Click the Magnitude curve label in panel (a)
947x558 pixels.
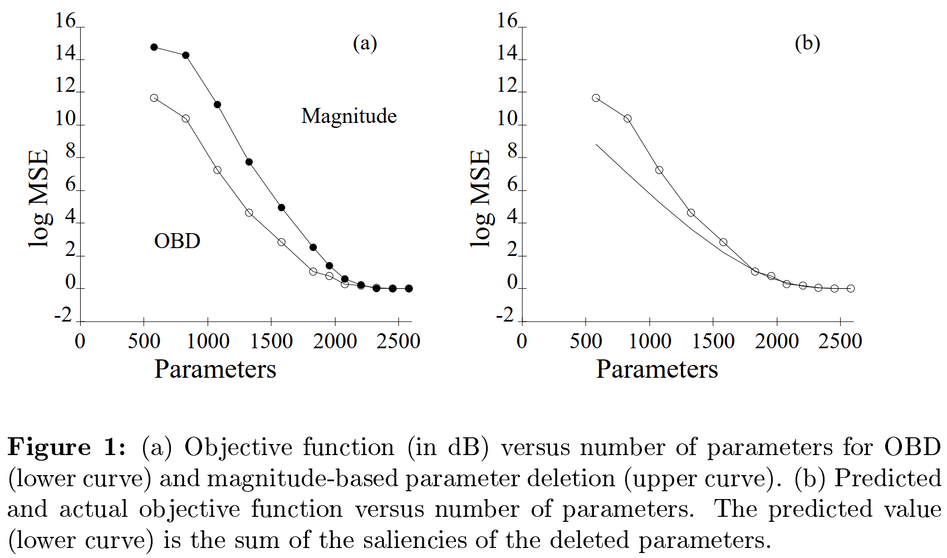click(x=349, y=116)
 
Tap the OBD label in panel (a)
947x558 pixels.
click(x=177, y=241)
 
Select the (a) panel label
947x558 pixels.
click(x=365, y=43)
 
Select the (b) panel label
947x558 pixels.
click(x=807, y=43)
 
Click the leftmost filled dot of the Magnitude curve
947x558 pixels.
click(x=154, y=47)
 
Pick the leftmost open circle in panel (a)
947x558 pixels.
click(x=154, y=98)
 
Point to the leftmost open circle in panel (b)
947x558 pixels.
click(x=596, y=98)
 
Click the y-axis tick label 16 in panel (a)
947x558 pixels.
click(x=65, y=21)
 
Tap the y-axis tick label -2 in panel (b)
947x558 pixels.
click(x=505, y=315)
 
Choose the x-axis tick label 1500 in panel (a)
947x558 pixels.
click(x=271, y=341)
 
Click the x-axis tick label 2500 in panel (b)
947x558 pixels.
click(x=840, y=341)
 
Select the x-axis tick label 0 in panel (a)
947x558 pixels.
click(x=80, y=341)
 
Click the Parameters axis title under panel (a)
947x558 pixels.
click(x=215, y=369)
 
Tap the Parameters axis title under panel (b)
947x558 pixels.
click(x=657, y=369)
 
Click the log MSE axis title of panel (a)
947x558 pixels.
click(x=39, y=198)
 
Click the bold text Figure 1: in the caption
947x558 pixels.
click(x=67, y=447)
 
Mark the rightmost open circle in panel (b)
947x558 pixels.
click(x=851, y=288)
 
